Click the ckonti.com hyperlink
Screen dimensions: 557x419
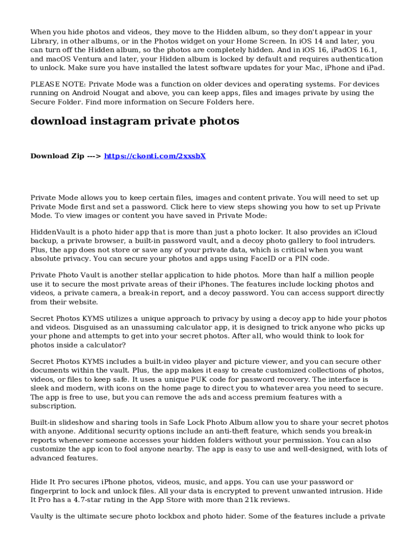155,156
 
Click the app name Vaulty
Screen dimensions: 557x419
42,517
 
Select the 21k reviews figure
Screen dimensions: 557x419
260,499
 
